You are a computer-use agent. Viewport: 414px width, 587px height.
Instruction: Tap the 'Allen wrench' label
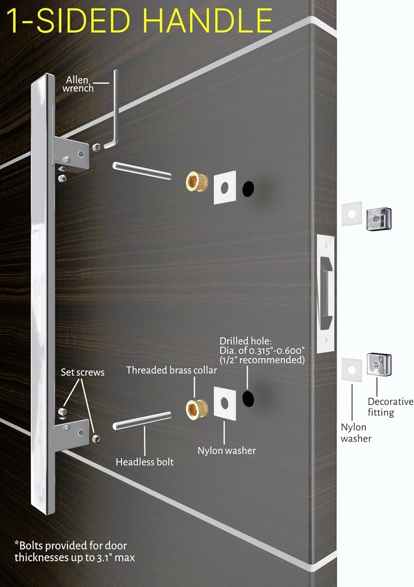point(78,84)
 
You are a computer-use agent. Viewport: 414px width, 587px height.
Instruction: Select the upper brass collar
point(197,182)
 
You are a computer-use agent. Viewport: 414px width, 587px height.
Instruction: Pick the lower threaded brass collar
point(197,409)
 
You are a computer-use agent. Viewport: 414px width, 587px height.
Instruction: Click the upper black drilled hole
point(248,189)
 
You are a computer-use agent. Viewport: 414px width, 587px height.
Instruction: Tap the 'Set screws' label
point(83,373)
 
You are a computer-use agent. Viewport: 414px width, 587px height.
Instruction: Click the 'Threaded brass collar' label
point(171,370)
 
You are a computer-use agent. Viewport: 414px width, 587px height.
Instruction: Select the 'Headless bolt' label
point(144,461)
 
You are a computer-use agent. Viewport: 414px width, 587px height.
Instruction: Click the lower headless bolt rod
point(142,420)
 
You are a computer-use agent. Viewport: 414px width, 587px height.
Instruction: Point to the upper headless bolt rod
point(142,171)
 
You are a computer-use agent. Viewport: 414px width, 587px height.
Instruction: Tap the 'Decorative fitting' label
point(390,407)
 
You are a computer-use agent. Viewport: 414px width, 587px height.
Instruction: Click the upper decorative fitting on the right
point(378,218)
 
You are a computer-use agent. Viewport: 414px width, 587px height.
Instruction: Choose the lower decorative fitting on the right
point(379,364)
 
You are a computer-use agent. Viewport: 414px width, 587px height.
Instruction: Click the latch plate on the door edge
point(325,292)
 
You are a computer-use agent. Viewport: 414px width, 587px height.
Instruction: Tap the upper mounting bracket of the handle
point(72,154)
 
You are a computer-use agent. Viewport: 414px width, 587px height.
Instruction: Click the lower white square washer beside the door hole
point(225,403)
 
